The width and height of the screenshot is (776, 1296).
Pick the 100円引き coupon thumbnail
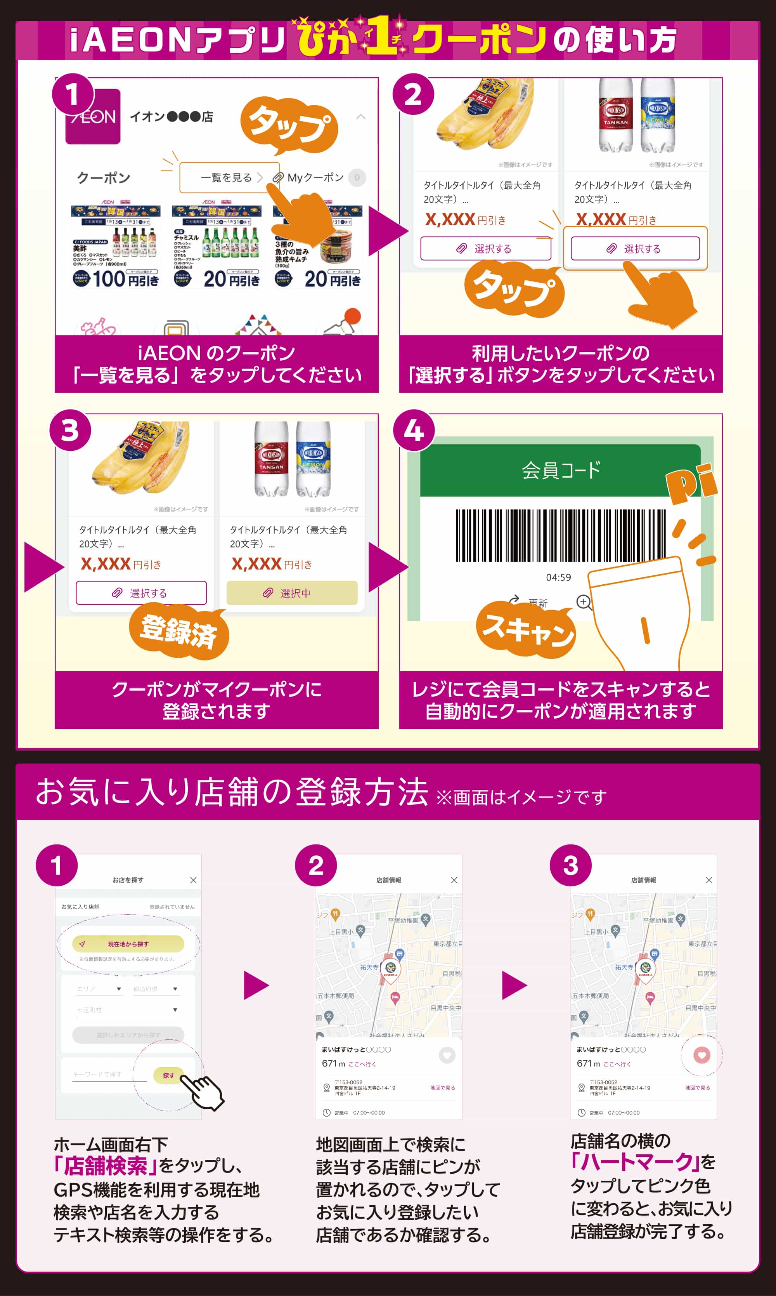coord(116,246)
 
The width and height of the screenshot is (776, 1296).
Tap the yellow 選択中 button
coord(292,593)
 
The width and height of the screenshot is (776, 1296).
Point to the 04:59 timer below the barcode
coord(558,577)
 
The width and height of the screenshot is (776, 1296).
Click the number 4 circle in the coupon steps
coord(414,431)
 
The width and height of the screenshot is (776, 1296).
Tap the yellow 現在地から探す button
coord(128,944)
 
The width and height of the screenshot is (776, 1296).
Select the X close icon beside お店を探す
coord(194,880)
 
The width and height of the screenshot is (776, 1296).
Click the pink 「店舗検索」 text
coord(105,1166)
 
